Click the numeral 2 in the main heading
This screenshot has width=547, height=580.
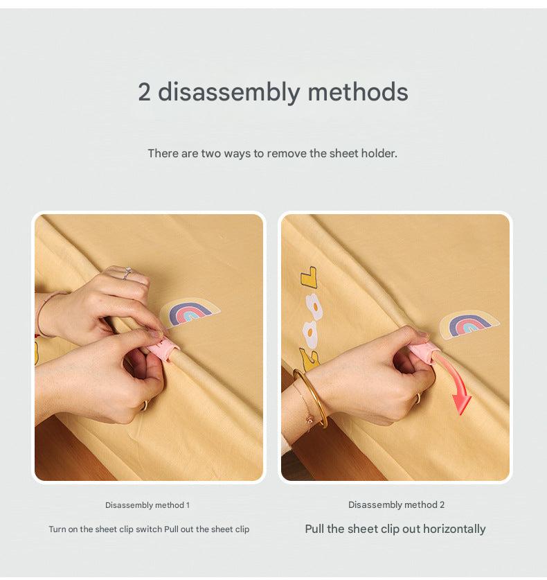point(144,92)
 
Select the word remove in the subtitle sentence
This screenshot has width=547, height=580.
point(287,153)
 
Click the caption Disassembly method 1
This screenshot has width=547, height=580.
point(147,505)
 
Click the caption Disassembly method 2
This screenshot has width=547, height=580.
point(396,504)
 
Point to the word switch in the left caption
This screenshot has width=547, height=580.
point(149,529)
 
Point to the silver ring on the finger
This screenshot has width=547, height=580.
point(127,273)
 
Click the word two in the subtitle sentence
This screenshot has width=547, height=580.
point(212,153)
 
